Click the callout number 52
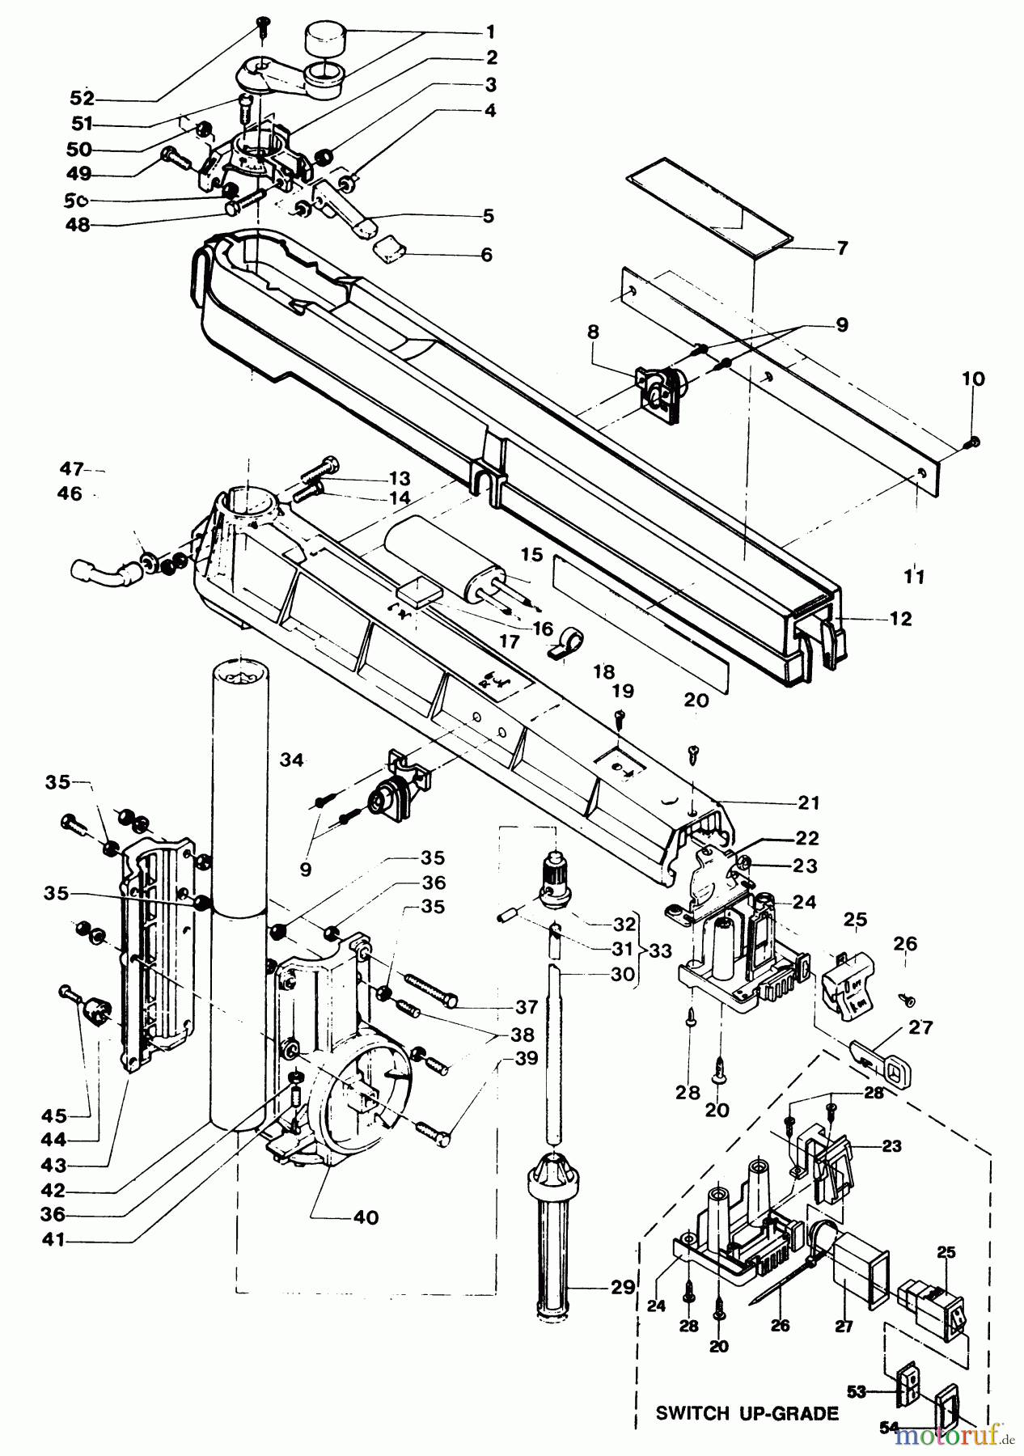click(83, 99)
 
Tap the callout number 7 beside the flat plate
click(842, 248)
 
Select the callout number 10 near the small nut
click(973, 379)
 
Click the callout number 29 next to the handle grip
click(623, 1286)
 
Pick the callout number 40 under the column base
click(366, 1217)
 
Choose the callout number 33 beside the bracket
click(660, 950)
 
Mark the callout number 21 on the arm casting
click(808, 803)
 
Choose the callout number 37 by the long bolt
click(527, 1007)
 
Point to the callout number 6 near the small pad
click(485, 254)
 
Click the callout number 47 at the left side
click(71, 468)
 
